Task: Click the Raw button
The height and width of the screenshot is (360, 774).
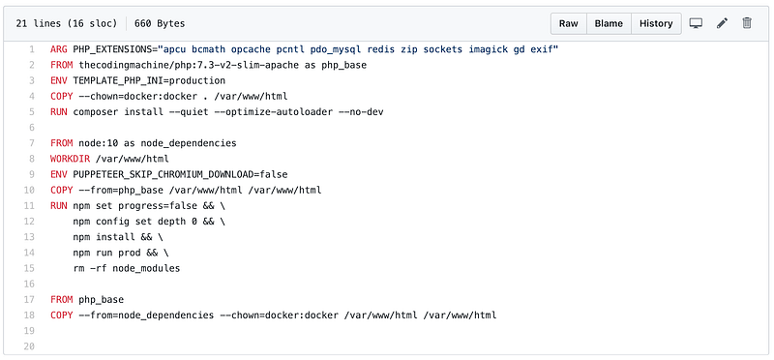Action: pos(568,23)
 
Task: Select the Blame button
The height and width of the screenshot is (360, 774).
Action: pos(609,23)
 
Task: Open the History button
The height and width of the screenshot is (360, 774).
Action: pos(656,23)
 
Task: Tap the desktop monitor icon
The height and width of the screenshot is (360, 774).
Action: pos(696,23)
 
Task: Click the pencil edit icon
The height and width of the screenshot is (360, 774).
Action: pos(722,23)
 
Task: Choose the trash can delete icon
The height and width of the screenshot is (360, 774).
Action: pos(747,23)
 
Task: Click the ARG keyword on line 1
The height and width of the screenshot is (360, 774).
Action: pos(59,49)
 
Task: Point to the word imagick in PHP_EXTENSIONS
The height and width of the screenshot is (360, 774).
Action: pos(489,49)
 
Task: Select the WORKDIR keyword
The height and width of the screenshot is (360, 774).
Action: pos(70,159)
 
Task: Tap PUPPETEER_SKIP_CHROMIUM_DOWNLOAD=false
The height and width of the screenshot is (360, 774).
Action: pos(180,174)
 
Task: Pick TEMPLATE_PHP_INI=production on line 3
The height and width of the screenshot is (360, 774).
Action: pos(149,80)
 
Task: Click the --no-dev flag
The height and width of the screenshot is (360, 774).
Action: pos(361,112)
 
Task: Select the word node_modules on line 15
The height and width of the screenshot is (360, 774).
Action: pos(146,269)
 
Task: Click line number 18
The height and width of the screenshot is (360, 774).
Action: pos(29,315)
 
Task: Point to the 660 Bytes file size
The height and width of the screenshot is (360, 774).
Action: pos(160,23)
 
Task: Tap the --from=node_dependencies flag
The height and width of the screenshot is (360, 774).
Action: pos(146,315)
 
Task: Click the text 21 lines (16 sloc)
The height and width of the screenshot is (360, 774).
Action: pos(67,23)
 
